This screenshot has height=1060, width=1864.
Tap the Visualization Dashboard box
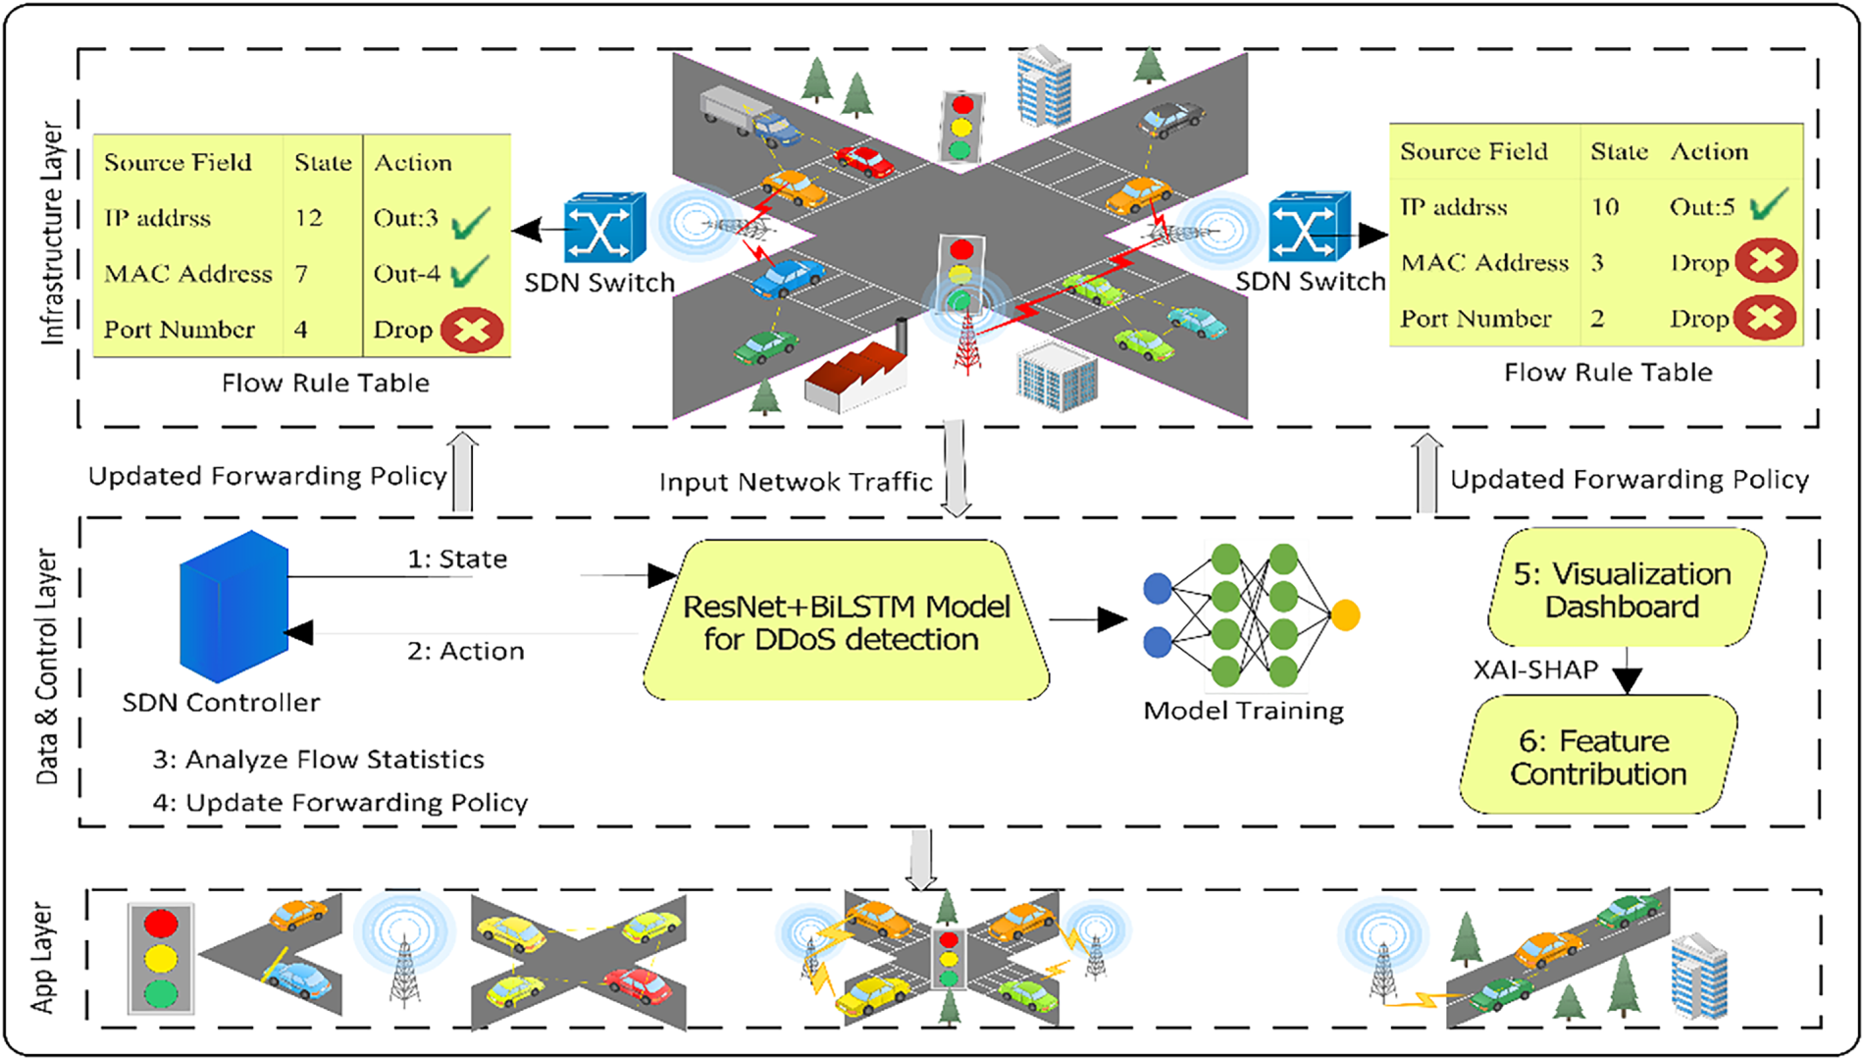point(1626,588)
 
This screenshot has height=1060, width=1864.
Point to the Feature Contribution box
point(1598,755)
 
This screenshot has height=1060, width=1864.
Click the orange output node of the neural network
point(1345,615)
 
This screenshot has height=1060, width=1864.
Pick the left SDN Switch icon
point(604,228)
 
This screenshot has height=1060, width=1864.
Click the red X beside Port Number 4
point(472,331)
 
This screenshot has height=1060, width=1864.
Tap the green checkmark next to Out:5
point(1768,205)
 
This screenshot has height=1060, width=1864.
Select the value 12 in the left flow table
point(309,218)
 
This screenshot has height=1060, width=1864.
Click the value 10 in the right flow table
point(1605,207)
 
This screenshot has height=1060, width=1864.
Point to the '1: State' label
point(457,559)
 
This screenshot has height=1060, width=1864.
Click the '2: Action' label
point(466,651)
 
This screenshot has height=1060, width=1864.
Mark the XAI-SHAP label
point(1535,670)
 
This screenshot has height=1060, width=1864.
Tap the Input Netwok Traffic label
point(796,482)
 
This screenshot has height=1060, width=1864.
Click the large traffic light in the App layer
point(161,959)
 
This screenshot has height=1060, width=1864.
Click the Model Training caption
point(1244,711)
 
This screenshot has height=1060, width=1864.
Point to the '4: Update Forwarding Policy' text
point(340,803)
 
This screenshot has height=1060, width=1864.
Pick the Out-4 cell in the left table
point(407,274)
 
